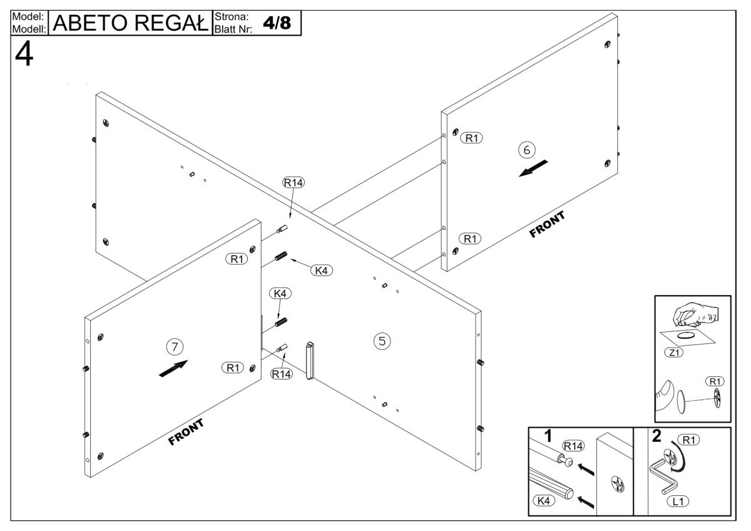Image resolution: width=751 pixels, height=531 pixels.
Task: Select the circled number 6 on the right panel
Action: [x=526, y=150]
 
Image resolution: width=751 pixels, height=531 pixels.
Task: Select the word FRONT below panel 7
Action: [x=186, y=433]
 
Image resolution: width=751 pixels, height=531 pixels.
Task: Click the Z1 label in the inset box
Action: [x=674, y=353]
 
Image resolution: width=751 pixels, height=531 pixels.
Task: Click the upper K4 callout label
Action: [x=322, y=271]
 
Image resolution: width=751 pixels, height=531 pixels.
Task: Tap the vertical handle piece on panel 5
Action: [x=310, y=361]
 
